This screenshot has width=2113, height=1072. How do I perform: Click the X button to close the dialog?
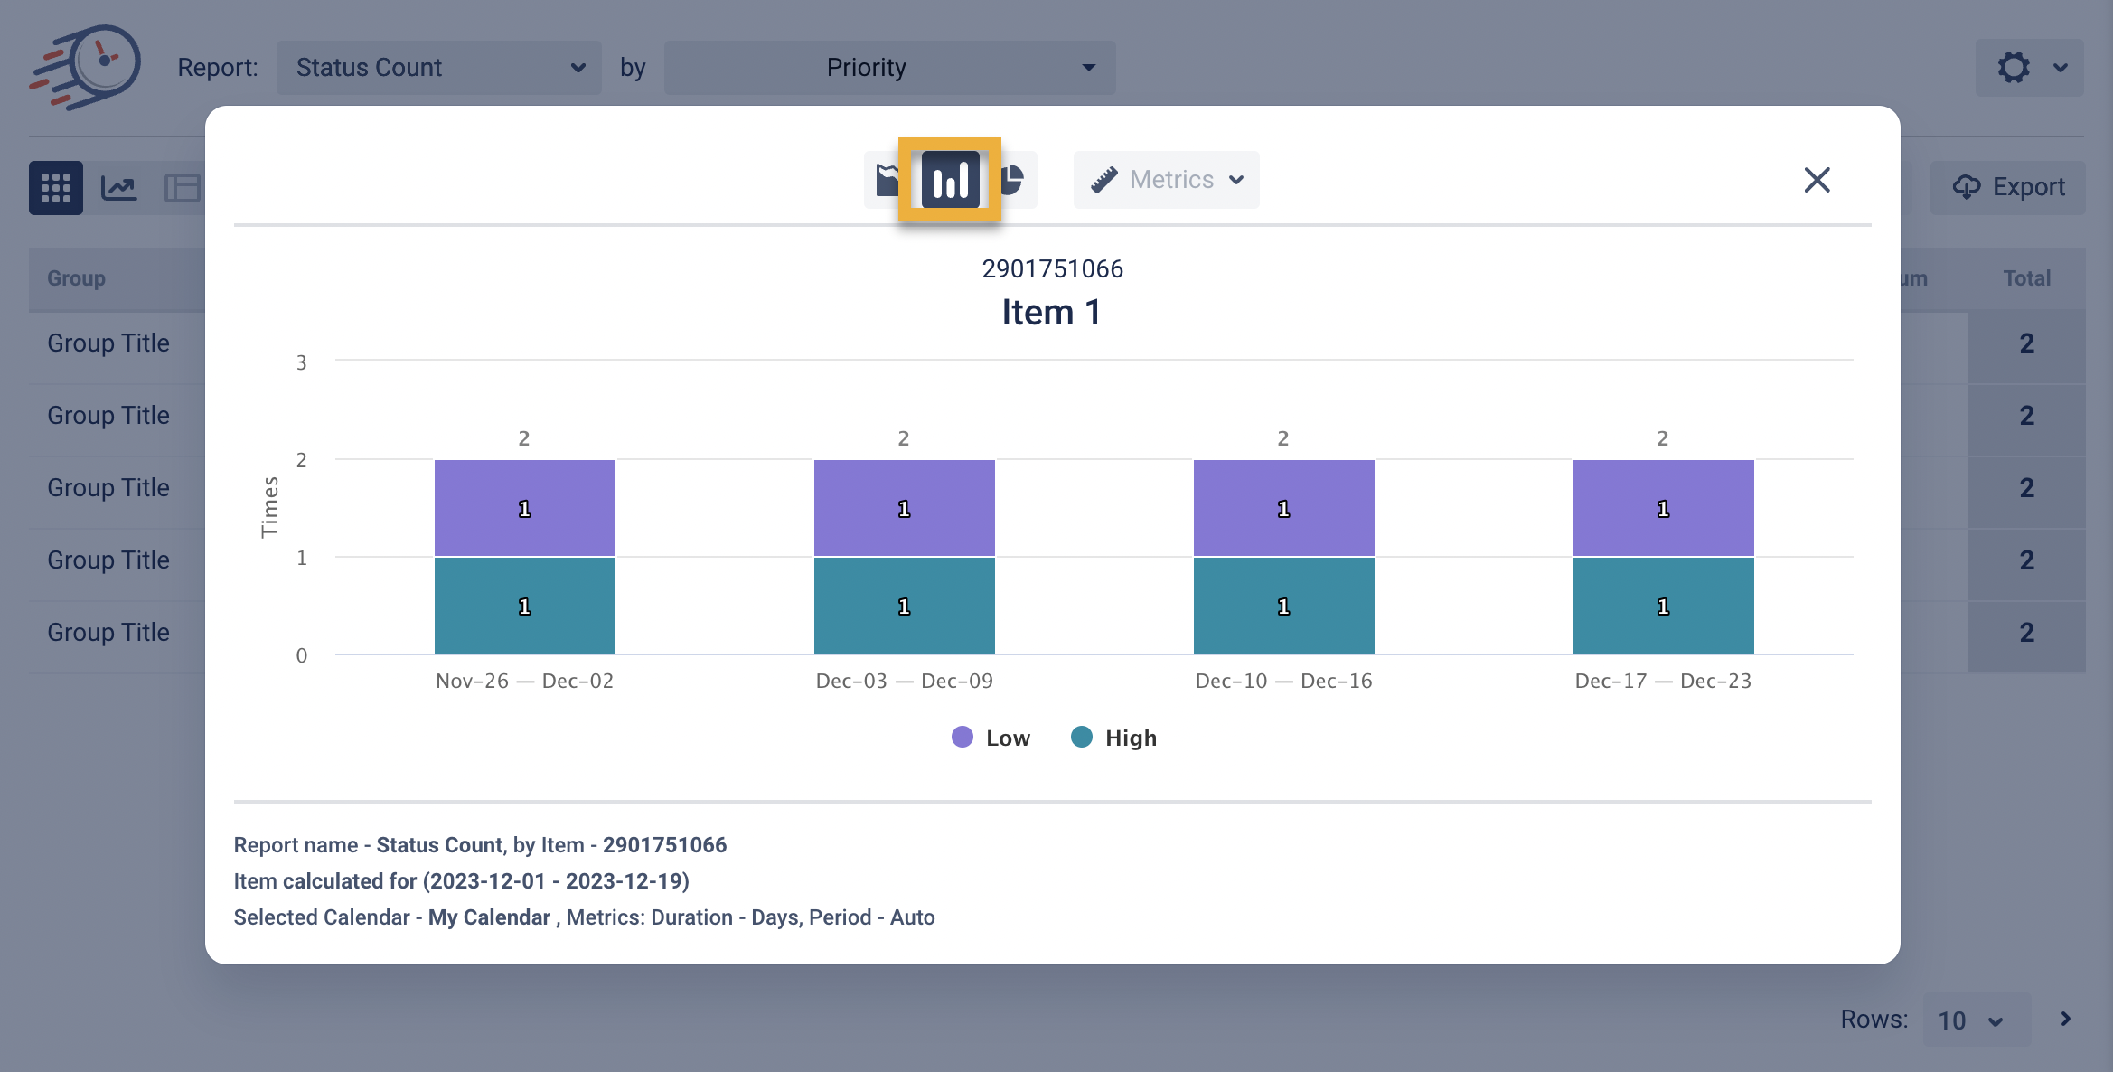click(x=1817, y=180)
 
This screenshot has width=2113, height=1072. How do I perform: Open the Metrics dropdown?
click(x=1166, y=180)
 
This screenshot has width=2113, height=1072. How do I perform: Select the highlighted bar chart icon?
click(x=950, y=180)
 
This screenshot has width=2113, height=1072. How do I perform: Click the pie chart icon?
click(x=1013, y=180)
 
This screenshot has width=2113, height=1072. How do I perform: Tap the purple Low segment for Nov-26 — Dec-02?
click(x=524, y=508)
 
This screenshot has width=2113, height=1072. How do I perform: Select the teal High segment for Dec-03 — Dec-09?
click(x=904, y=606)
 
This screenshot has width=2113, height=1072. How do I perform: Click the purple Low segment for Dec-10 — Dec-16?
click(x=1283, y=508)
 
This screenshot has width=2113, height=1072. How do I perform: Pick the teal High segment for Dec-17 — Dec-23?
click(x=1663, y=606)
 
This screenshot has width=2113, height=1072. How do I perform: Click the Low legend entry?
click(x=991, y=738)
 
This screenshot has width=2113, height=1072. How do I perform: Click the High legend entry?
click(x=1114, y=738)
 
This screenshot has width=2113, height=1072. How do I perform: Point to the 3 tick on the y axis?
click(x=302, y=363)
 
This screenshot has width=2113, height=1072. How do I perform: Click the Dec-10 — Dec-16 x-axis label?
click(x=1283, y=681)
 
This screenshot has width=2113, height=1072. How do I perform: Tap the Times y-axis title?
click(x=269, y=507)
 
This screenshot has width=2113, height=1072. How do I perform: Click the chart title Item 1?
click(x=1051, y=313)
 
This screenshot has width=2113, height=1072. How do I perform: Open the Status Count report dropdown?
click(x=439, y=68)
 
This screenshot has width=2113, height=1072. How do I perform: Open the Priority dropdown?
click(x=889, y=68)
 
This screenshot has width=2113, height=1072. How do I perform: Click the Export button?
click(x=2008, y=187)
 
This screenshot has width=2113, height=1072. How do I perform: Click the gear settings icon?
click(x=2014, y=68)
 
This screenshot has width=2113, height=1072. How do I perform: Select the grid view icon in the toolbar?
click(x=56, y=188)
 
